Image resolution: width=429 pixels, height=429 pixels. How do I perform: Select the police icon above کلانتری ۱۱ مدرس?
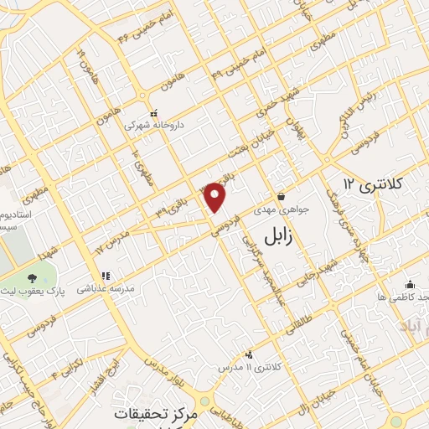pos(249,354)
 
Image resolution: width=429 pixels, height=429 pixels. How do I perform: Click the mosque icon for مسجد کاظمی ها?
pos(409,284)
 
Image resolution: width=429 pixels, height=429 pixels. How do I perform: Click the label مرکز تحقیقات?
pos(151,415)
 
